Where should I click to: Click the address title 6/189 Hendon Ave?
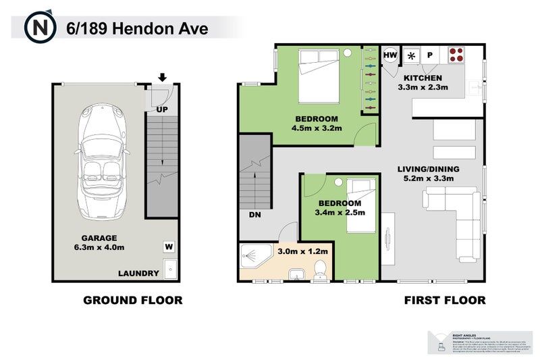click(137, 28)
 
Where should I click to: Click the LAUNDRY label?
click(138, 274)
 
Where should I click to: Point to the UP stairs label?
click(163, 109)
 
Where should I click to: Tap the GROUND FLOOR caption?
click(132, 300)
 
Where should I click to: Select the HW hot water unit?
click(390, 55)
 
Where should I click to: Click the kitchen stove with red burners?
click(456, 55)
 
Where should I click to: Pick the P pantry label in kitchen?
click(429, 55)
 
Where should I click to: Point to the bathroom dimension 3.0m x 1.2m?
click(302, 251)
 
